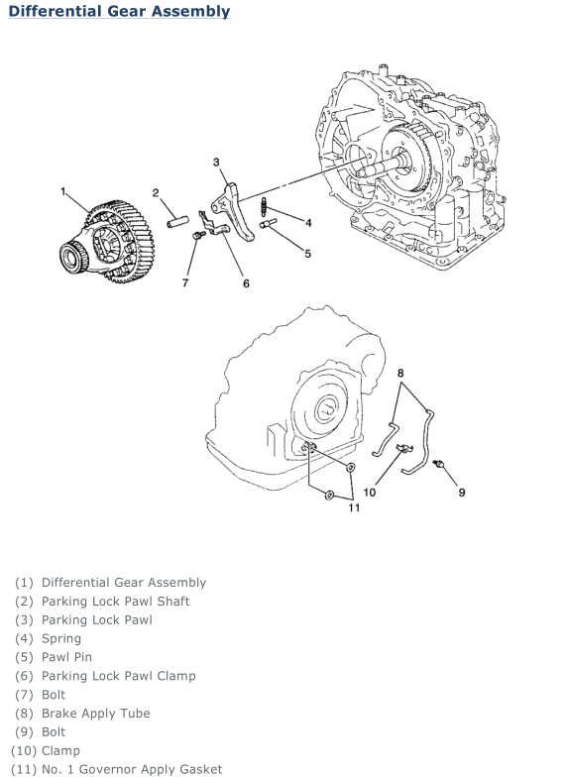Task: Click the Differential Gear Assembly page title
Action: click(x=119, y=12)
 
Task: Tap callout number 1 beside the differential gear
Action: click(x=63, y=191)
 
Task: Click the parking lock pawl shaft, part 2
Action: click(x=177, y=221)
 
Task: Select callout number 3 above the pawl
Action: click(x=216, y=163)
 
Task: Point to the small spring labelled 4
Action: click(x=265, y=206)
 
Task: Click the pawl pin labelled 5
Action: click(x=268, y=224)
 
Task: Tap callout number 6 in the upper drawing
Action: click(x=246, y=283)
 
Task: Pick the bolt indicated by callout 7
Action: click(x=198, y=235)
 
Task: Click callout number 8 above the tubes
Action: click(x=400, y=373)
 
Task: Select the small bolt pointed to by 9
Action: click(x=437, y=465)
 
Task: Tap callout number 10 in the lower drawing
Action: click(x=370, y=493)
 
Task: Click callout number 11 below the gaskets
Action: click(x=354, y=507)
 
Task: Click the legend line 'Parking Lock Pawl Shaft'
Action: click(x=102, y=602)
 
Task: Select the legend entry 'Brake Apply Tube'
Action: click(x=82, y=714)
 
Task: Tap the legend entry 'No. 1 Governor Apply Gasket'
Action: click(x=117, y=769)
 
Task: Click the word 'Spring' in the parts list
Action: click(x=61, y=638)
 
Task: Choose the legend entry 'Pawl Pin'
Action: click(x=54, y=657)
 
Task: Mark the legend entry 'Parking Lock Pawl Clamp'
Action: click(x=105, y=676)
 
